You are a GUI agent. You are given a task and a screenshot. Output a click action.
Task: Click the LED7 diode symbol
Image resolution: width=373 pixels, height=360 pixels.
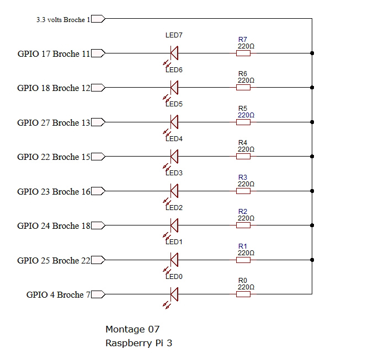coord(174,53)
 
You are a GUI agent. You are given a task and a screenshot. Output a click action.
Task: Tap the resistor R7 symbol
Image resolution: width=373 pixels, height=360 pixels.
coord(243,53)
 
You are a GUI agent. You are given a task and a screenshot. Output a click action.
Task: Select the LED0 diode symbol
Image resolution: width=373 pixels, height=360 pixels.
coord(174,294)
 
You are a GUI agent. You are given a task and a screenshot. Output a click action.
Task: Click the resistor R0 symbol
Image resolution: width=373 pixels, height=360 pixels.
coord(243,294)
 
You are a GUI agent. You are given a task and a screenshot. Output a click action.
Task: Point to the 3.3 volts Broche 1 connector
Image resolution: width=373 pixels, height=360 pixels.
coord(98,19)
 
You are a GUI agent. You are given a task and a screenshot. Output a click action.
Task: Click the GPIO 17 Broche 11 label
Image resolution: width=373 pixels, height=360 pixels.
coord(54,54)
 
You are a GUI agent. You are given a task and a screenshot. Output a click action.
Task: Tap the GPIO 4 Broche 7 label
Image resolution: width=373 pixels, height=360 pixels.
coord(58,295)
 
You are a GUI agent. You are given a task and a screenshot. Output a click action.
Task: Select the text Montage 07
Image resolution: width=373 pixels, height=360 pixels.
coord(132,330)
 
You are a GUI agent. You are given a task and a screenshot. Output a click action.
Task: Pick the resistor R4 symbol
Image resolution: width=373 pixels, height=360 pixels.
coord(243,157)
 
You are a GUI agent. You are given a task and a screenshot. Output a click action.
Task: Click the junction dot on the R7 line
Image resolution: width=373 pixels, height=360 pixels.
coord(312,53)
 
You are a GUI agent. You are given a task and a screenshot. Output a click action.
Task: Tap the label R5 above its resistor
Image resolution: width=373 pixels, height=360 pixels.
coord(243,109)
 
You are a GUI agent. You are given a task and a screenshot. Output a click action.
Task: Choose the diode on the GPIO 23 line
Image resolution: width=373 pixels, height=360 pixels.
coord(174,191)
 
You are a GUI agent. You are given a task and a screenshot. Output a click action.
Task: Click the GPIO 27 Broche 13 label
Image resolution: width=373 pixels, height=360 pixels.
coord(54,123)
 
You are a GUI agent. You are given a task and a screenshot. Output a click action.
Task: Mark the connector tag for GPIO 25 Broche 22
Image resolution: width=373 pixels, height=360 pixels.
coord(98,260)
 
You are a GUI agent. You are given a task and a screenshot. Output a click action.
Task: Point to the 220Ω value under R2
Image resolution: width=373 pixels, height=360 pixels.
coord(246,218)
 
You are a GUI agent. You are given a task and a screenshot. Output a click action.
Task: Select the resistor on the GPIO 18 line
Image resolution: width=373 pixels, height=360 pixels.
coord(243,88)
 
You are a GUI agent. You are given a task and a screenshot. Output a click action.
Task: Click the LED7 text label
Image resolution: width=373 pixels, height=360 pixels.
coord(174,35)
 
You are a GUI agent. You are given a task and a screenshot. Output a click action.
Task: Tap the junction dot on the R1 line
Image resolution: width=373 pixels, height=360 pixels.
coord(312,260)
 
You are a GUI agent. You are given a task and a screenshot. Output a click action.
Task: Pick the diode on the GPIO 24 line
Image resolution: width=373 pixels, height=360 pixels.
coord(174,225)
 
